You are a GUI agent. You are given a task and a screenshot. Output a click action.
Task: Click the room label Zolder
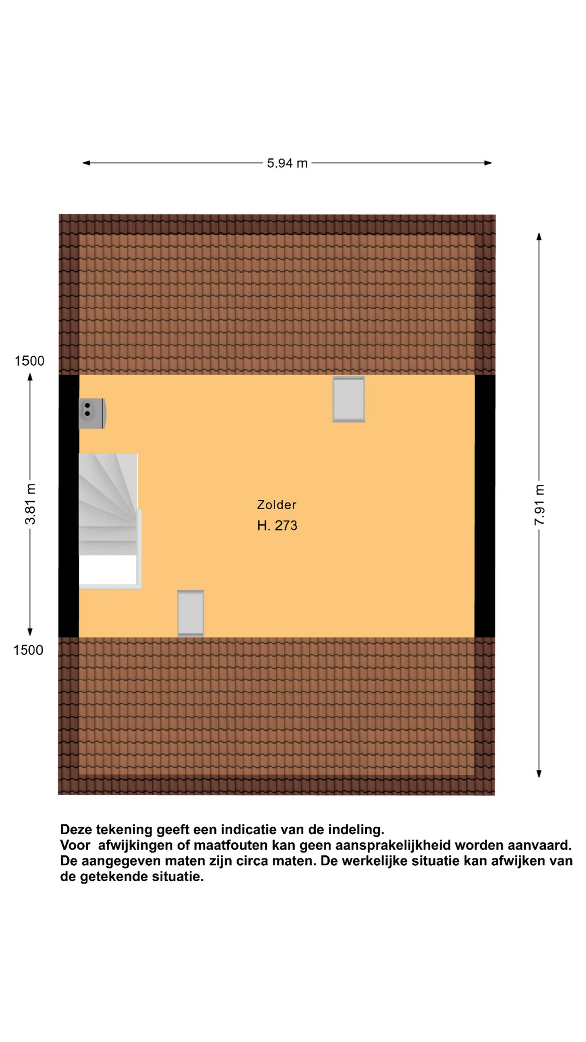pyautogui.click(x=277, y=504)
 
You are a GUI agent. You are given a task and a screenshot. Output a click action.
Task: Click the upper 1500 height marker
pyautogui.click(x=29, y=361)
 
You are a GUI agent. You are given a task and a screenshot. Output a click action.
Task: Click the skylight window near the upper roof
pyautogui.click(x=349, y=399)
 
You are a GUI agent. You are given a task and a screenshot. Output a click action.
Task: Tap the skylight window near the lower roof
pyautogui.click(x=190, y=613)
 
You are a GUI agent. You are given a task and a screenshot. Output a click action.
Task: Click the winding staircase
pyautogui.click(x=110, y=521)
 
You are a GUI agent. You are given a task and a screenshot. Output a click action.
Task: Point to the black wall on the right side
pyautogui.click(x=485, y=506)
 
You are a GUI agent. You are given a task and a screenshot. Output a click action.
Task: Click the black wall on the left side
pyautogui.click(x=69, y=506)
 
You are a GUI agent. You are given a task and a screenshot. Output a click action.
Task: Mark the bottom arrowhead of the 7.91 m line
pyautogui.click(x=539, y=773)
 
